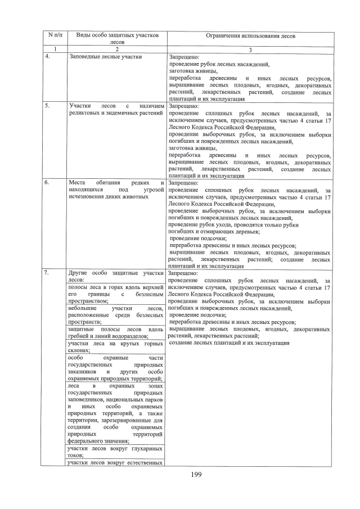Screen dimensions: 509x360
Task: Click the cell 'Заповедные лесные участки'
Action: click(x=105, y=57)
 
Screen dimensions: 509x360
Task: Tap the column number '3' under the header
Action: click(x=250, y=49)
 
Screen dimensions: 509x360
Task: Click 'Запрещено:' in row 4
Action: click(x=183, y=57)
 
